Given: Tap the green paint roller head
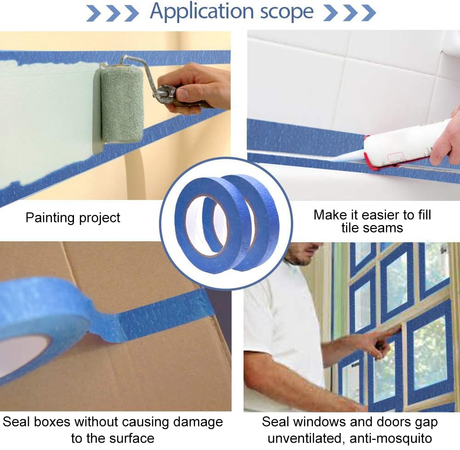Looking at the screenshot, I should [x=122, y=104].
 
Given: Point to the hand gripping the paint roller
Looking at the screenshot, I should [x=195, y=87].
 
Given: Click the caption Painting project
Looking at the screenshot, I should [x=73, y=217].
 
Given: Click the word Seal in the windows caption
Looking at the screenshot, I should [x=276, y=422].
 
